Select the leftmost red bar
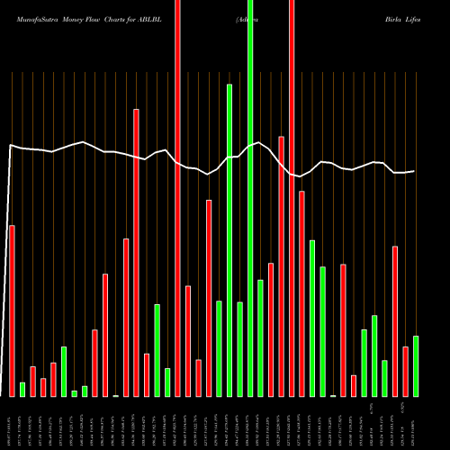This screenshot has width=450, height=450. pyautogui.click(x=12, y=310)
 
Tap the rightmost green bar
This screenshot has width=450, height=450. pyautogui.click(x=416, y=365)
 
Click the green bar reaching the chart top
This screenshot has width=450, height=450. pyautogui.click(x=250, y=198)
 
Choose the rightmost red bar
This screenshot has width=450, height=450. pyautogui.click(x=405, y=371)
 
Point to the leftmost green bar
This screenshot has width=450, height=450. pyautogui.click(x=22, y=389)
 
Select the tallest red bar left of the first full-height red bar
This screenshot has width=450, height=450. pyautogui.click(x=136, y=252)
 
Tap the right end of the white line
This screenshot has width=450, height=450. pyautogui.click(x=414, y=171)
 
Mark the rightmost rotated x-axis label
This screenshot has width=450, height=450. pyautogui.click(x=415, y=423)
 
